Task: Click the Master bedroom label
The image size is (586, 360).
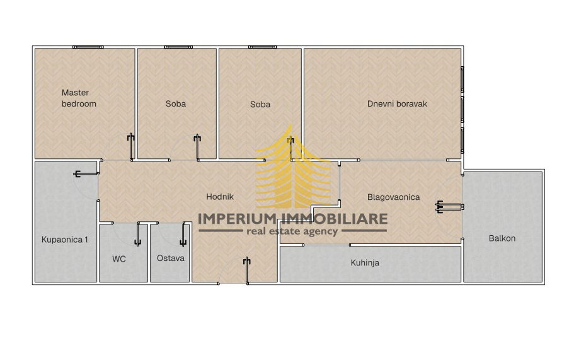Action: tap(79, 98)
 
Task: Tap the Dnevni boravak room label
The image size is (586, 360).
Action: tap(397, 104)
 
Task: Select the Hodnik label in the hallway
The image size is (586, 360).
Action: tap(220, 197)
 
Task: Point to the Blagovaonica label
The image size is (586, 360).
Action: tap(394, 197)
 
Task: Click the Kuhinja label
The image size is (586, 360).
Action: tap(365, 263)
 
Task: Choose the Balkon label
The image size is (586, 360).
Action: tap(502, 238)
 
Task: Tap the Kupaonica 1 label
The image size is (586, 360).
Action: tap(65, 240)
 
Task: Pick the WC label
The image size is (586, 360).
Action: tap(119, 258)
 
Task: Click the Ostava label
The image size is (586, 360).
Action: tap(170, 258)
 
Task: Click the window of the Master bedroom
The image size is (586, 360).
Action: tap(88, 47)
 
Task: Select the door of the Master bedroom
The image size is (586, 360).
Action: tap(131, 147)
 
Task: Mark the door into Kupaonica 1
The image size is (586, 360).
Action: tap(86, 174)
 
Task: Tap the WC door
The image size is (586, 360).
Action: tap(137, 235)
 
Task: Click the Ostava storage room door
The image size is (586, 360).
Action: tap(183, 235)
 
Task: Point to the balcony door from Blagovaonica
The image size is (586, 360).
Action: tap(450, 206)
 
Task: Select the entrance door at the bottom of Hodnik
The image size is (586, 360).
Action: tap(246, 270)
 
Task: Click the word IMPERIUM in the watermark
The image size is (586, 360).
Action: tap(236, 219)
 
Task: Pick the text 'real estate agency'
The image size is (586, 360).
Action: tap(292, 231)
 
